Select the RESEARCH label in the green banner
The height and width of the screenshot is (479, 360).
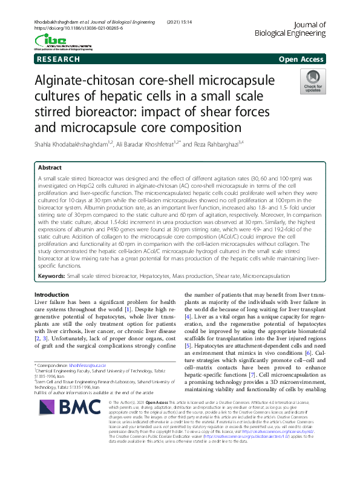point(58,59)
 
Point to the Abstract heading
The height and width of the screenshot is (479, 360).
point(50,167)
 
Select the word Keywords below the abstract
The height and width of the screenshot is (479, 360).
point(51,276)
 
